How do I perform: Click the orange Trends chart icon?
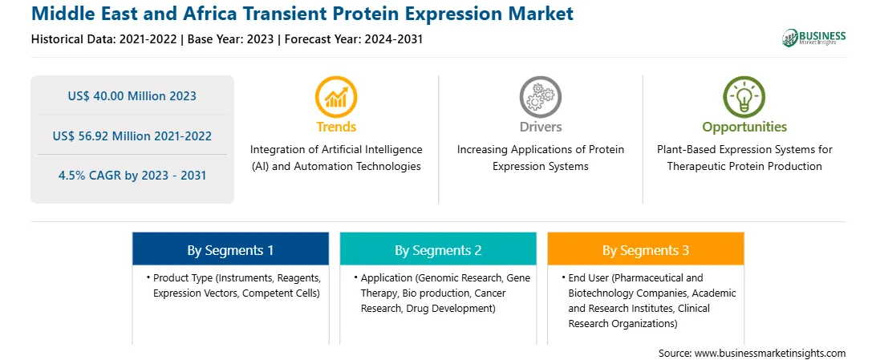point(336,96)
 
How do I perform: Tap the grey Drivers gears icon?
point(540,96)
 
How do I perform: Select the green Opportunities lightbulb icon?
point(744,96)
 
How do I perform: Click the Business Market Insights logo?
point(814,38)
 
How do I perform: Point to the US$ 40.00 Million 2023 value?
point(132,96)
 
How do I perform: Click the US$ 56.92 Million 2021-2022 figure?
point(132,136)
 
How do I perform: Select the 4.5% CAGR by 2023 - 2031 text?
point(132,176)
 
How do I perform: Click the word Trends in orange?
point(336,127)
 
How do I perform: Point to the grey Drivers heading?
point(540,127)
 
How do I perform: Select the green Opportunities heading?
point(744,127)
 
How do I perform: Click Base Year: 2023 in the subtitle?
point(231,39)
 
